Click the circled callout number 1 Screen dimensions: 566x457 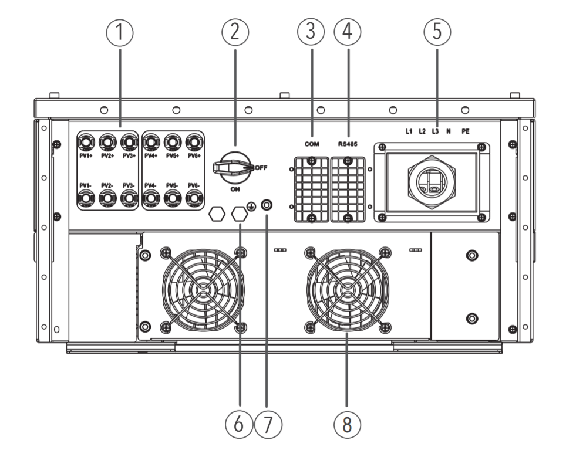119,32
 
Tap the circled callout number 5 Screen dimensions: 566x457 437,32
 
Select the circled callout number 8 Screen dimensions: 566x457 347,424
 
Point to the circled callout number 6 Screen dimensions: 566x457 239,424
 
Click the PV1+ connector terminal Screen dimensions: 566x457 86,143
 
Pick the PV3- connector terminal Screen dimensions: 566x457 129,198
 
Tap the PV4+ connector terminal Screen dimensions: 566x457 151,143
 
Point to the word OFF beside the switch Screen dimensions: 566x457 261,168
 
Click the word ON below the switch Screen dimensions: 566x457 235,189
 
